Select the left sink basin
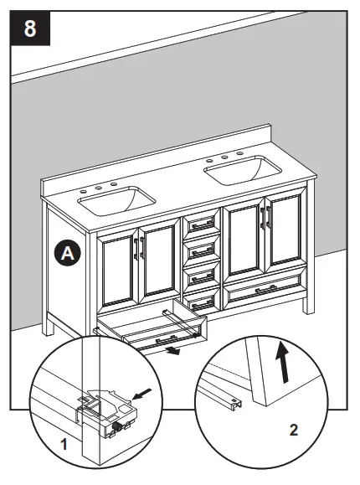116,200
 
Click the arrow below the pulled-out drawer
172,350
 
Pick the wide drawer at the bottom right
262,290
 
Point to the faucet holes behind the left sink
105,185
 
